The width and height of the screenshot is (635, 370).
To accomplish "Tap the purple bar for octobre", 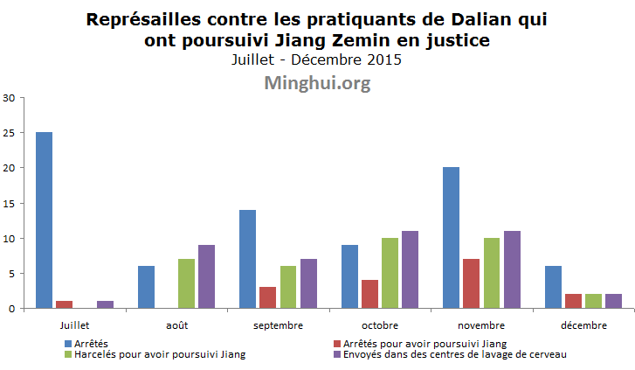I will pyautogui.click(x=410, y=269).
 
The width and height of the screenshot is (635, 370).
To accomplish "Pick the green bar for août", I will pyautogui.click(x=186, y=283).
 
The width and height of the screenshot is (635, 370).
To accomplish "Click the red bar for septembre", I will pyautogui.click(x=267, y=297).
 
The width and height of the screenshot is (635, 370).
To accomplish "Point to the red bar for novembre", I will pyautogui.click(x=471, y=283).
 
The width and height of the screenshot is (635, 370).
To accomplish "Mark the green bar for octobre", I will pyautogui.click(x=390, y=273).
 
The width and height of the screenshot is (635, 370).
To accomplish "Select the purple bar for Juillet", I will pyautogui.click(x=105, y=304).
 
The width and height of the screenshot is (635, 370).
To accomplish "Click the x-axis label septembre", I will pyautogui.click(x=278, y=325).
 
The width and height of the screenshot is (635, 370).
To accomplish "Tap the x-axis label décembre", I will pyautogui.click(x=583, y=325).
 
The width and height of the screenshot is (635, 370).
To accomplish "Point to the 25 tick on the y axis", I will pyautogui.click(x=10, y=133).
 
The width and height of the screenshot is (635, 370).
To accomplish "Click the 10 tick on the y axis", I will pyautogui.click(x=10, y=238).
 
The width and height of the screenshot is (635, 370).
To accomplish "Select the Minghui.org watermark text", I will pyautogui.click(x=317, y=83).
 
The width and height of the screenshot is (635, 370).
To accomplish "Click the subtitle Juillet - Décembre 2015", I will pyautogui.click(x=317, y=60).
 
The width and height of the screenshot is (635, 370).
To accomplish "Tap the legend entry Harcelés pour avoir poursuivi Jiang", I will pyautogui.click(x=157, y=354).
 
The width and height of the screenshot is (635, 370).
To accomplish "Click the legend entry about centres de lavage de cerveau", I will pyautogui.click(x=455, y=354).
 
